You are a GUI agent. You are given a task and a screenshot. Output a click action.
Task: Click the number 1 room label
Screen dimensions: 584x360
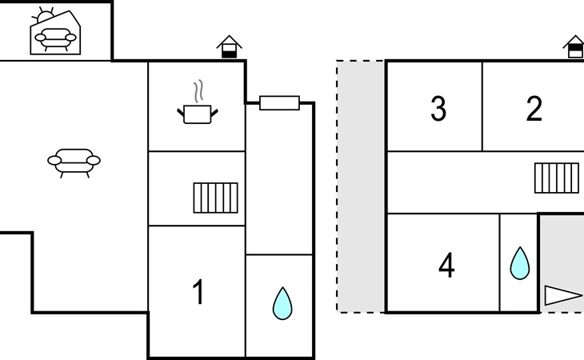[x=198, y=292]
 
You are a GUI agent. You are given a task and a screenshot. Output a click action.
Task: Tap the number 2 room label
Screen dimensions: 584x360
[x=534, y=108]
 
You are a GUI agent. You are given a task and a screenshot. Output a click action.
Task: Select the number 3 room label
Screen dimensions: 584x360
[x=438, y=108]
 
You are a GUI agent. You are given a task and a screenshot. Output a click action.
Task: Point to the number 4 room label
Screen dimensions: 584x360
[x=446, y=265]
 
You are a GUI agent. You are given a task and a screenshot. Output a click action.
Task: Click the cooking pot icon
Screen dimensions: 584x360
[x=198, y=114]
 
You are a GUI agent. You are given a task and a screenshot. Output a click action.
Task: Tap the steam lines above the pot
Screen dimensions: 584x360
[x=198, y=91]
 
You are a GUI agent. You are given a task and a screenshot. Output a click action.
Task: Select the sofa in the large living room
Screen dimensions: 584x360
[x=74, y=163]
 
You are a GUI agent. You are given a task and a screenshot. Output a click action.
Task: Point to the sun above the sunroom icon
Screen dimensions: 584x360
[x=44, y=16]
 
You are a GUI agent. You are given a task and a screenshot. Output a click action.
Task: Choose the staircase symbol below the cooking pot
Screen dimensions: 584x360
[x=216, y=198]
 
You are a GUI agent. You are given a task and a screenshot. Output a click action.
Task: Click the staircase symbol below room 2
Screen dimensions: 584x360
[x=557, y=178]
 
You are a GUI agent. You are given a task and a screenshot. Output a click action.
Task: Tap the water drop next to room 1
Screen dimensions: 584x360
[x=282, y=303]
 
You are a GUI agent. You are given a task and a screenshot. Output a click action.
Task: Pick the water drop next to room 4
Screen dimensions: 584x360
[x=519, y=263]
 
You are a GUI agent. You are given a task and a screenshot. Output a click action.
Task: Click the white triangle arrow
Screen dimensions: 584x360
[x=562, y=295]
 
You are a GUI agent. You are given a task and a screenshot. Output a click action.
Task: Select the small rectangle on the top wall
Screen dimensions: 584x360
[x=279, y=103]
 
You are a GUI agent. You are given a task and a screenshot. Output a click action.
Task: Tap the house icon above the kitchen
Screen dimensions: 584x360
[x=229, y=46]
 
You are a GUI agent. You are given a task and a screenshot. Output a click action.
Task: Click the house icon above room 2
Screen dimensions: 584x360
[x=574, y=46]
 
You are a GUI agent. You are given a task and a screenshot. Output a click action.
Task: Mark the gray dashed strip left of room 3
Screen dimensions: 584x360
[x=361, y=186]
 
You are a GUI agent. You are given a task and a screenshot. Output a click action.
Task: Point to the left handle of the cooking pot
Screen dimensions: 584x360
[x=181, y=112]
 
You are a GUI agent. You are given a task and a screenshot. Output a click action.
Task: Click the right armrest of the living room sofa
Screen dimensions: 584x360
[x=93, y=161]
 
